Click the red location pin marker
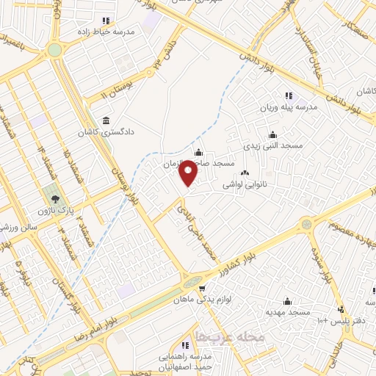pyautogui.click(x=189, y=173)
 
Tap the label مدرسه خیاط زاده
pyautogui.click(x=106, y=33)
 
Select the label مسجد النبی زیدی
pyautogui.click(x=272, y=146)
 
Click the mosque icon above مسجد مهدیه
pyautogui.click(x=286, y=301)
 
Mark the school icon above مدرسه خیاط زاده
pyautogui.click(x=106, y=21)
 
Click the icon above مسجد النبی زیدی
pyautogui.click(x=272, y=134)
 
